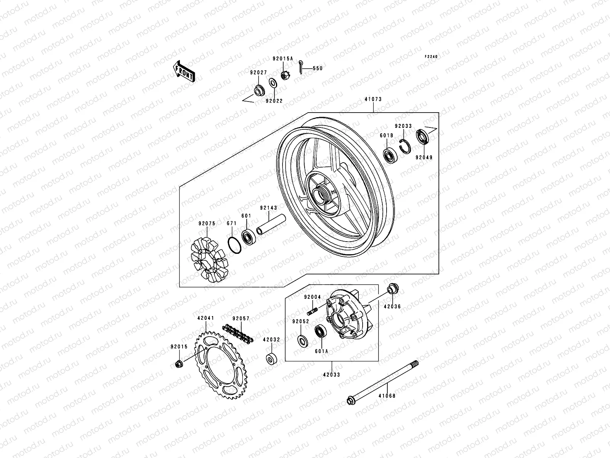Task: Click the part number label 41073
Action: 373,100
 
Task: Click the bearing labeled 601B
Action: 391,155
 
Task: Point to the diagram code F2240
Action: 431,56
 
